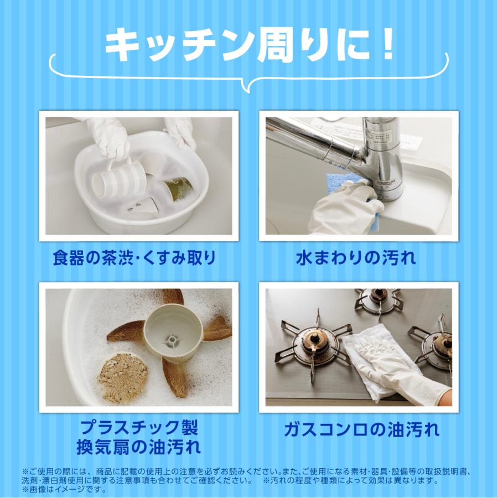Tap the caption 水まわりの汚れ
(x=356, y=258)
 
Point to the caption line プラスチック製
(x=138, y=428)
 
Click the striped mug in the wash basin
(x=118, y=179)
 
